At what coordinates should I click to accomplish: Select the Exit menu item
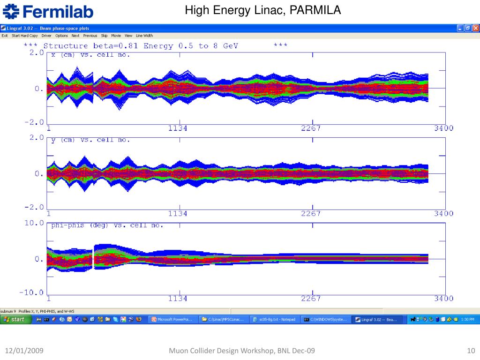[5, 36]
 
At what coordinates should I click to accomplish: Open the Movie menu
[116, 36]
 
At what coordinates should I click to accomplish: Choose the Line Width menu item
[144, 36]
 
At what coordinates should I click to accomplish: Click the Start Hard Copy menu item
[24, 36]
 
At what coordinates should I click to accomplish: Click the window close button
[475, 29]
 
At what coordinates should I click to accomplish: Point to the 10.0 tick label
[34, 223]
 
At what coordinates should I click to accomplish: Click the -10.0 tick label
[32, 292]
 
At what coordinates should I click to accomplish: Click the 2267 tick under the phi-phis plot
[311, 299]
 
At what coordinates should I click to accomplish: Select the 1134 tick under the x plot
[178, 128]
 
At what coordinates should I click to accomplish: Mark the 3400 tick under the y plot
[443, 214]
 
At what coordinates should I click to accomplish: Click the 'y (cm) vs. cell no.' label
[90, 140]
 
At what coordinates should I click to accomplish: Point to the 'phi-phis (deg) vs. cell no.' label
[107, 225]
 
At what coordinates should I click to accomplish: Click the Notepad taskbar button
[274, 320]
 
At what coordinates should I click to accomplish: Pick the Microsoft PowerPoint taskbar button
[172, 320]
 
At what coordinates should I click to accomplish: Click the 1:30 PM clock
[468, 320]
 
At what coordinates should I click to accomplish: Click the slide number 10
[471, 351]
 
